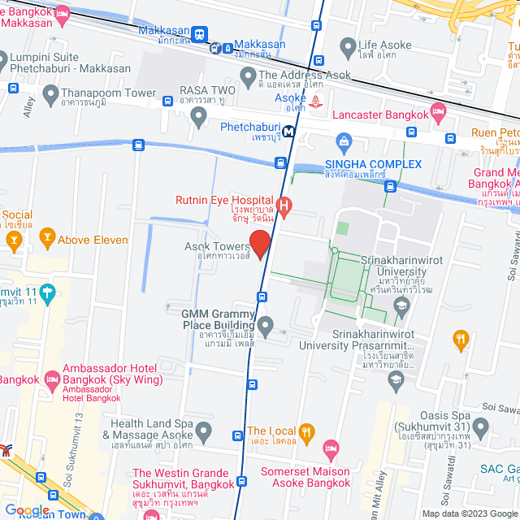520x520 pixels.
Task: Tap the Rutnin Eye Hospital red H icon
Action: pos(284,206)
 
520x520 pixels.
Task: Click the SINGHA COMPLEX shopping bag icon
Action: pos(343,144)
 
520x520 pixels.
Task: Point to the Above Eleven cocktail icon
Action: pos(47,239)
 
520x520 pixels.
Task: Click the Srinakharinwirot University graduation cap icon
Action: pos(401,305)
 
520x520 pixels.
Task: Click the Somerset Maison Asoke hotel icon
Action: pos(331,448)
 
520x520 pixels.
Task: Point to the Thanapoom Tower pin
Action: pos(50,95)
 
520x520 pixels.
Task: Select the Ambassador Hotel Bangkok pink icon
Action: pos(52,378)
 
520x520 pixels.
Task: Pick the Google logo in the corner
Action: pos(27,509)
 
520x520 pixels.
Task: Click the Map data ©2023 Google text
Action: pos(469,513)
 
